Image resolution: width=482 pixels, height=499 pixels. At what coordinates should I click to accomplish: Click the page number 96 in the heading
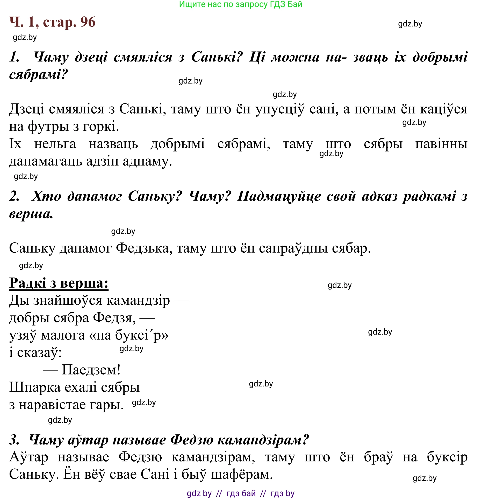click(88, 22)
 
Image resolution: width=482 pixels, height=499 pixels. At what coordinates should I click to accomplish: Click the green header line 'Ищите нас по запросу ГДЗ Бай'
click(241, 4)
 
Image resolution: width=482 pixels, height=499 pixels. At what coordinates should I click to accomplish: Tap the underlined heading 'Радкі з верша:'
click(59, 283)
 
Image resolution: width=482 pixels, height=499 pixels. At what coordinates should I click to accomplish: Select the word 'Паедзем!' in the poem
click(91, 370)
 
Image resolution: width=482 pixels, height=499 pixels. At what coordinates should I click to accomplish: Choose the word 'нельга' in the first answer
click(55, 144)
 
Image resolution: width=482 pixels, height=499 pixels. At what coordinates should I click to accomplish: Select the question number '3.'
click(15, 440)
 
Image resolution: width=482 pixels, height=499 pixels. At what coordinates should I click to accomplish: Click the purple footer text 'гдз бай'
click(241, 493)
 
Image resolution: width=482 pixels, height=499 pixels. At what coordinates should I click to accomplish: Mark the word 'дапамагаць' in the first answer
click(45, 161)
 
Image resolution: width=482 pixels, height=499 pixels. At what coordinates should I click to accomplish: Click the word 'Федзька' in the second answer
click(142, 248)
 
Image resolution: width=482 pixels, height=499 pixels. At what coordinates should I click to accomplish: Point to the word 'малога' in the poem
click(63, 335)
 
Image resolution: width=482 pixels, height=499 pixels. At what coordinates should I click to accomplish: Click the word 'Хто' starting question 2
click(46, 196)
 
